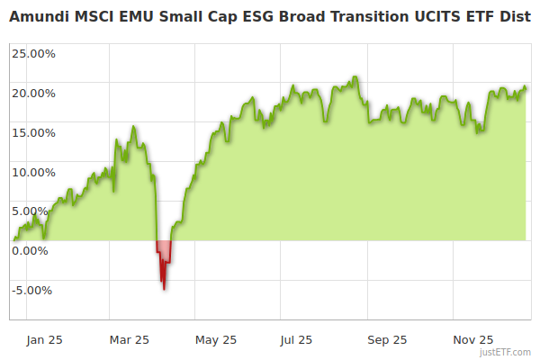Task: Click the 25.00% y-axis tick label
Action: click(33, 53)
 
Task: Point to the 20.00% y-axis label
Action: click(33, 93)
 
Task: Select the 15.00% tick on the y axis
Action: click(33, 132)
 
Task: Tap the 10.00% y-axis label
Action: click(33, 172)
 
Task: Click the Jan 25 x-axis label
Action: click(44, 340)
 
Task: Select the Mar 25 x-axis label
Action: click(129, 340)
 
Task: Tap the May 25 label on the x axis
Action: click(216, 340)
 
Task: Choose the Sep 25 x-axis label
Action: click(387, 340)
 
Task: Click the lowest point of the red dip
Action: click(164, 289)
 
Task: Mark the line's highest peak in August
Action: click(356, 77)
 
